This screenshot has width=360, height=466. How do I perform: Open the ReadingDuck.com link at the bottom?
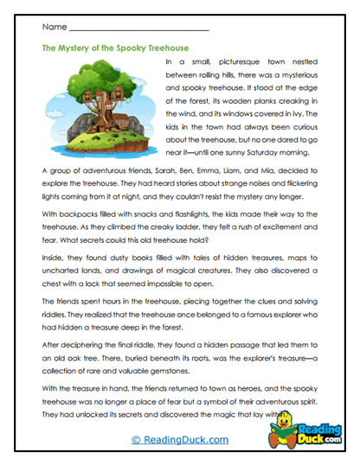tap(180, 439)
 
